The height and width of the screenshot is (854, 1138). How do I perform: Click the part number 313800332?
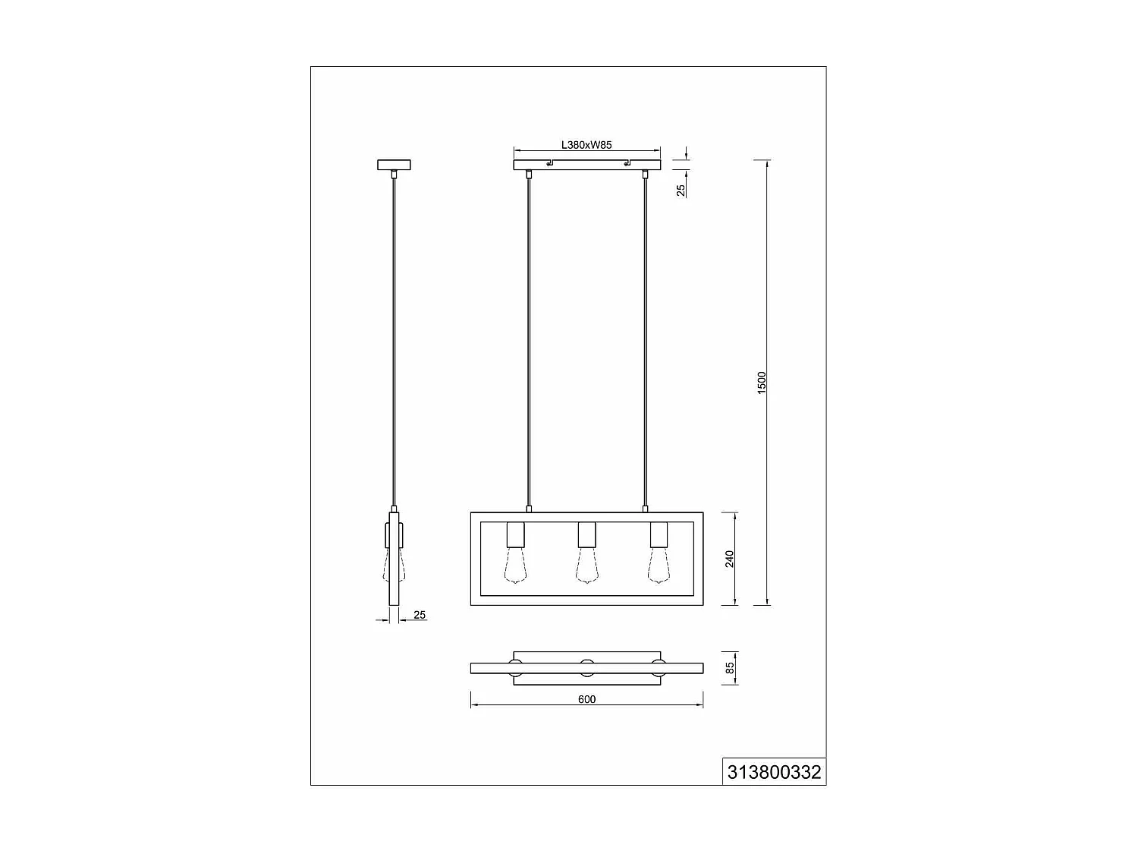coord(774,772)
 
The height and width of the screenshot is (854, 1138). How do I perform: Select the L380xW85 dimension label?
coord(586,145)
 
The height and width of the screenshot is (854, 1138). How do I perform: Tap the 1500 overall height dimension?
coord(762,382)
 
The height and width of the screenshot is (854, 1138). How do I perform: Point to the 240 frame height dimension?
coord(730,559)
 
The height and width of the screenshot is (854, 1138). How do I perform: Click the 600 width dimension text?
coord(586,699)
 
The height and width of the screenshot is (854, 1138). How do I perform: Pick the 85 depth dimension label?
coord(730,669)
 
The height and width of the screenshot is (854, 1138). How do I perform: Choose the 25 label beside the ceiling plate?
coord(681,189)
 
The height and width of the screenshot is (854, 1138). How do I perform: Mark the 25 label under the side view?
coord(420,615)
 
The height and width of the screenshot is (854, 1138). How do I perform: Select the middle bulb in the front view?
coord(586,567)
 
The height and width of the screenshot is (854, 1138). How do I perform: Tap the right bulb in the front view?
coord(658,567)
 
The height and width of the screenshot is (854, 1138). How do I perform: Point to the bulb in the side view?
coord(394,569)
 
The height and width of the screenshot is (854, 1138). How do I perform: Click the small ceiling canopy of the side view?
coord(394,165)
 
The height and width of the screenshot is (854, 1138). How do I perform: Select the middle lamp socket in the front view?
coord(586,535)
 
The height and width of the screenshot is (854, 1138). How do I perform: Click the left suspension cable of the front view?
coord(529,342)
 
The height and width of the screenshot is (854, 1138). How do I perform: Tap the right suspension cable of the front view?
coord(646,342)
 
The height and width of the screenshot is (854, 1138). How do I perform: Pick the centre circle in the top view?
coord(586,669)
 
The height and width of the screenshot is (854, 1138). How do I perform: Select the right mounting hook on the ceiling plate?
coord(626,163)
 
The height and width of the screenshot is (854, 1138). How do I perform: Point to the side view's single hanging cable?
coord(394,342)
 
